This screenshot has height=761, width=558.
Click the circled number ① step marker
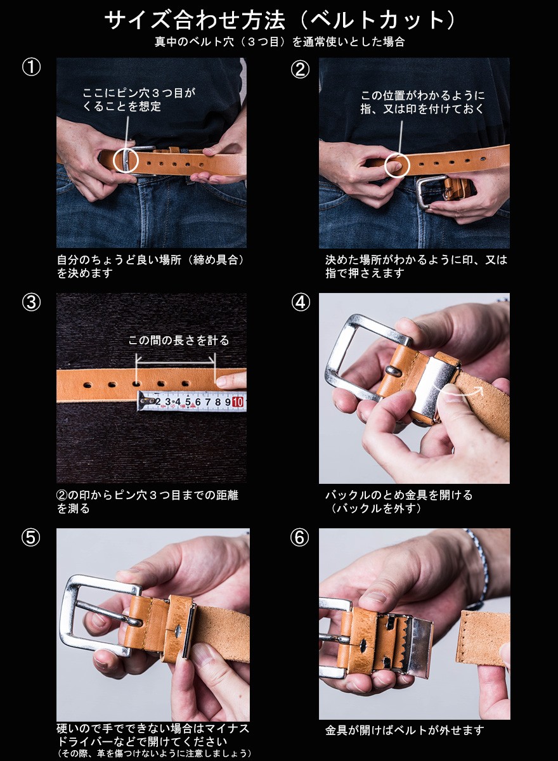31,68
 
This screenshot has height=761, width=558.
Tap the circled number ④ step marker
300,303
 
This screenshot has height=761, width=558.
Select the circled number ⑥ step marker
299,538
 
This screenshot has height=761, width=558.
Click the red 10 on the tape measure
238,401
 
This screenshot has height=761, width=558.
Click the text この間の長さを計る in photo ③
179,341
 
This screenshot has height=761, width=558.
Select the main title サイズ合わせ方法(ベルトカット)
279,20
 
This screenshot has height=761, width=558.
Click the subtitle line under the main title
279,42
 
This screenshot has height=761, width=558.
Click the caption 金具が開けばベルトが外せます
404,731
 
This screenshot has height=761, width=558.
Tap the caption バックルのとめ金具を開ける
399,495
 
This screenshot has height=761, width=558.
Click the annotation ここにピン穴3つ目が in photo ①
139,93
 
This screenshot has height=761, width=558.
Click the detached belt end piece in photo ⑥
482,637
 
